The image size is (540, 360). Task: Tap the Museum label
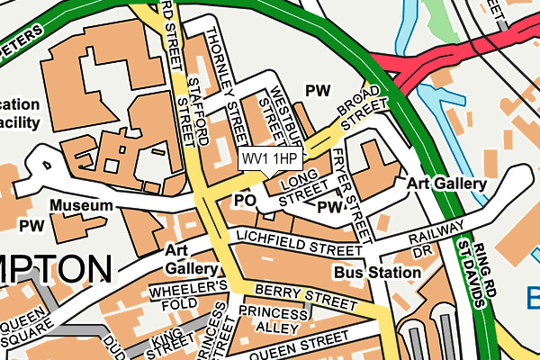(81, 206)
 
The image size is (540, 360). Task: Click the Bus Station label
(369, 271)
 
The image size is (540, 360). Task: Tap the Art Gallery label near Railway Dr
(446, 184)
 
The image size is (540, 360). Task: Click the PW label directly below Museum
(32, 225)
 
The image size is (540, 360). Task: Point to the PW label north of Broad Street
(318, 90)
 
